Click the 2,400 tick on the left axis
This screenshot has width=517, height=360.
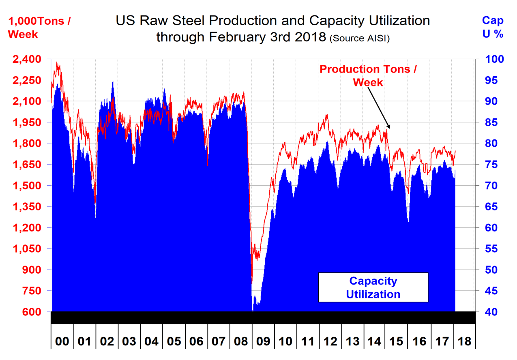pos(27,59)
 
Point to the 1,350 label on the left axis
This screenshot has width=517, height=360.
pos(27,207)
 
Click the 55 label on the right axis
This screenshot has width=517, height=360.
pos(491,249)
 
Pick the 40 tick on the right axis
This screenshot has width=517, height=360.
pos(491,312)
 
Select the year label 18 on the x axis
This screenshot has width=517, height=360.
pos(465,341)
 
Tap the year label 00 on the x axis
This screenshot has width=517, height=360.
pos(62,341)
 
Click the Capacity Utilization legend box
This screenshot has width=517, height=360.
pos(373,287)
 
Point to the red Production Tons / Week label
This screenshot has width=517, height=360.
pos(368,76)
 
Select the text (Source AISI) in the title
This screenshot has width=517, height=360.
pos(360,39)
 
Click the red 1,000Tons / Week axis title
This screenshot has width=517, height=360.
pos(39,28)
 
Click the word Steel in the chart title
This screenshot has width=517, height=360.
pos(182,20)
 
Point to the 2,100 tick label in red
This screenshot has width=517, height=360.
pos(27,101)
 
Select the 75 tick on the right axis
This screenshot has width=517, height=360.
pos(491,165)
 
